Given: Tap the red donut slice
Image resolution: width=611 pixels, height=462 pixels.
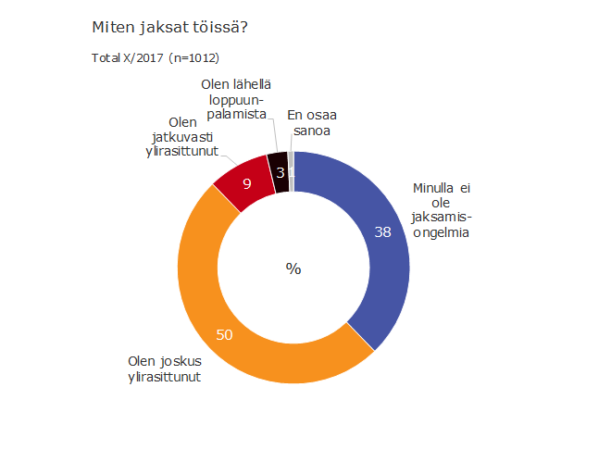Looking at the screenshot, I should tap(243, 184).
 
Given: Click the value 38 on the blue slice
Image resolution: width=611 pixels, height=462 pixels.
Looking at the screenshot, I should tap(382, 232).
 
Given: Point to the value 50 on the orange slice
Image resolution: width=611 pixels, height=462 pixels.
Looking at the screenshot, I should tap(224, 334).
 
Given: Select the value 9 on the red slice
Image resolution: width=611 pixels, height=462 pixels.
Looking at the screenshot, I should tap(247, 183).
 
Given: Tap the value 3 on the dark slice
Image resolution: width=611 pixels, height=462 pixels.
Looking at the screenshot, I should tap(280, 171).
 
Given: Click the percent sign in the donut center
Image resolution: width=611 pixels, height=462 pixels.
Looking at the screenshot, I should tap(293, 268).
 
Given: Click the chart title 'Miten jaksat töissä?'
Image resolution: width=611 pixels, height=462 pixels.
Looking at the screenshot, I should tap(169, 28).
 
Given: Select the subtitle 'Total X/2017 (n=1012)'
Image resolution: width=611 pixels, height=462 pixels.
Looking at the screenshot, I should tap(155, 57).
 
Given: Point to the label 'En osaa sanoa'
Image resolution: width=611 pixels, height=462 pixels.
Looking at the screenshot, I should tap(311, 123).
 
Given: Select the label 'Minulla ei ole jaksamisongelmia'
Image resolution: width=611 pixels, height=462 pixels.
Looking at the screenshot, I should tap(443, 211).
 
